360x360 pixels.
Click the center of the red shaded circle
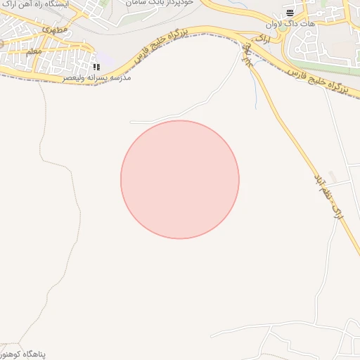180,179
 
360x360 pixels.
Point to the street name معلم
33,51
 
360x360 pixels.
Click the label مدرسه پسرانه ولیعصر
97,77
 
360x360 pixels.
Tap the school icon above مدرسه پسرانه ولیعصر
96,67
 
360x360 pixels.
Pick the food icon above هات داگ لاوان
290,13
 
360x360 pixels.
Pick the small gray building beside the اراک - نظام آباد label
331,175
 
